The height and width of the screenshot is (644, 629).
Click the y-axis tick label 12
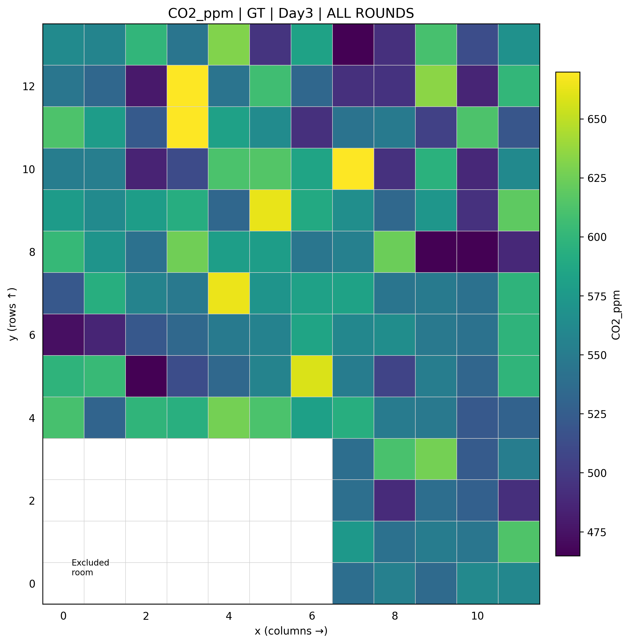(28, 87)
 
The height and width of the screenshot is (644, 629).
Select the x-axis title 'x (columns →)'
(291, 631)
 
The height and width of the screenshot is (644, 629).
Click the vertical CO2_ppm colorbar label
(616, 315)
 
